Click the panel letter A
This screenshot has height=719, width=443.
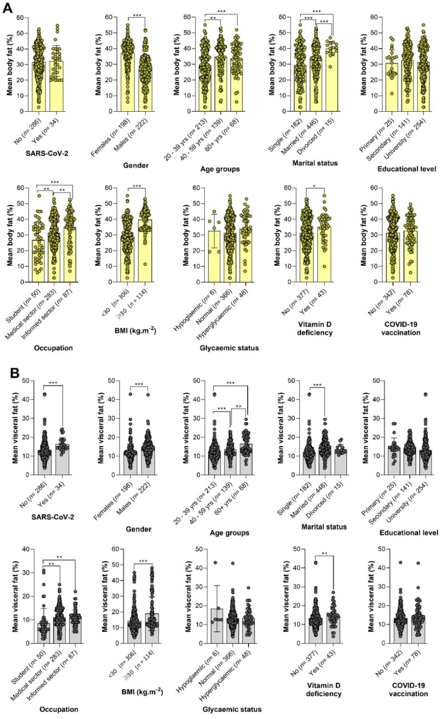[x=8, y=8]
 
